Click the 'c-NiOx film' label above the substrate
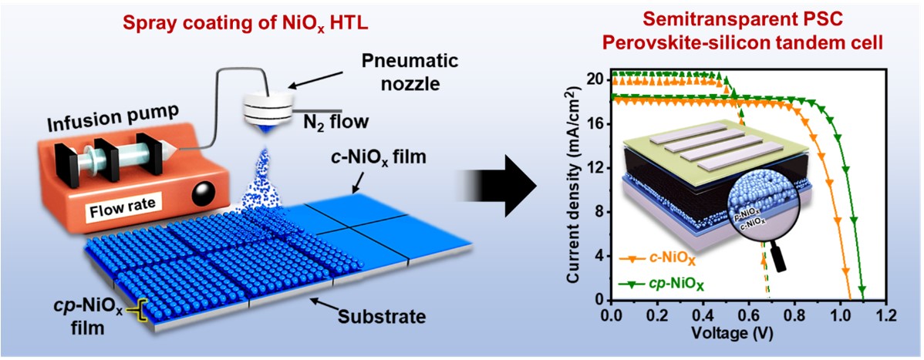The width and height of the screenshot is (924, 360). click(373, 160)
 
